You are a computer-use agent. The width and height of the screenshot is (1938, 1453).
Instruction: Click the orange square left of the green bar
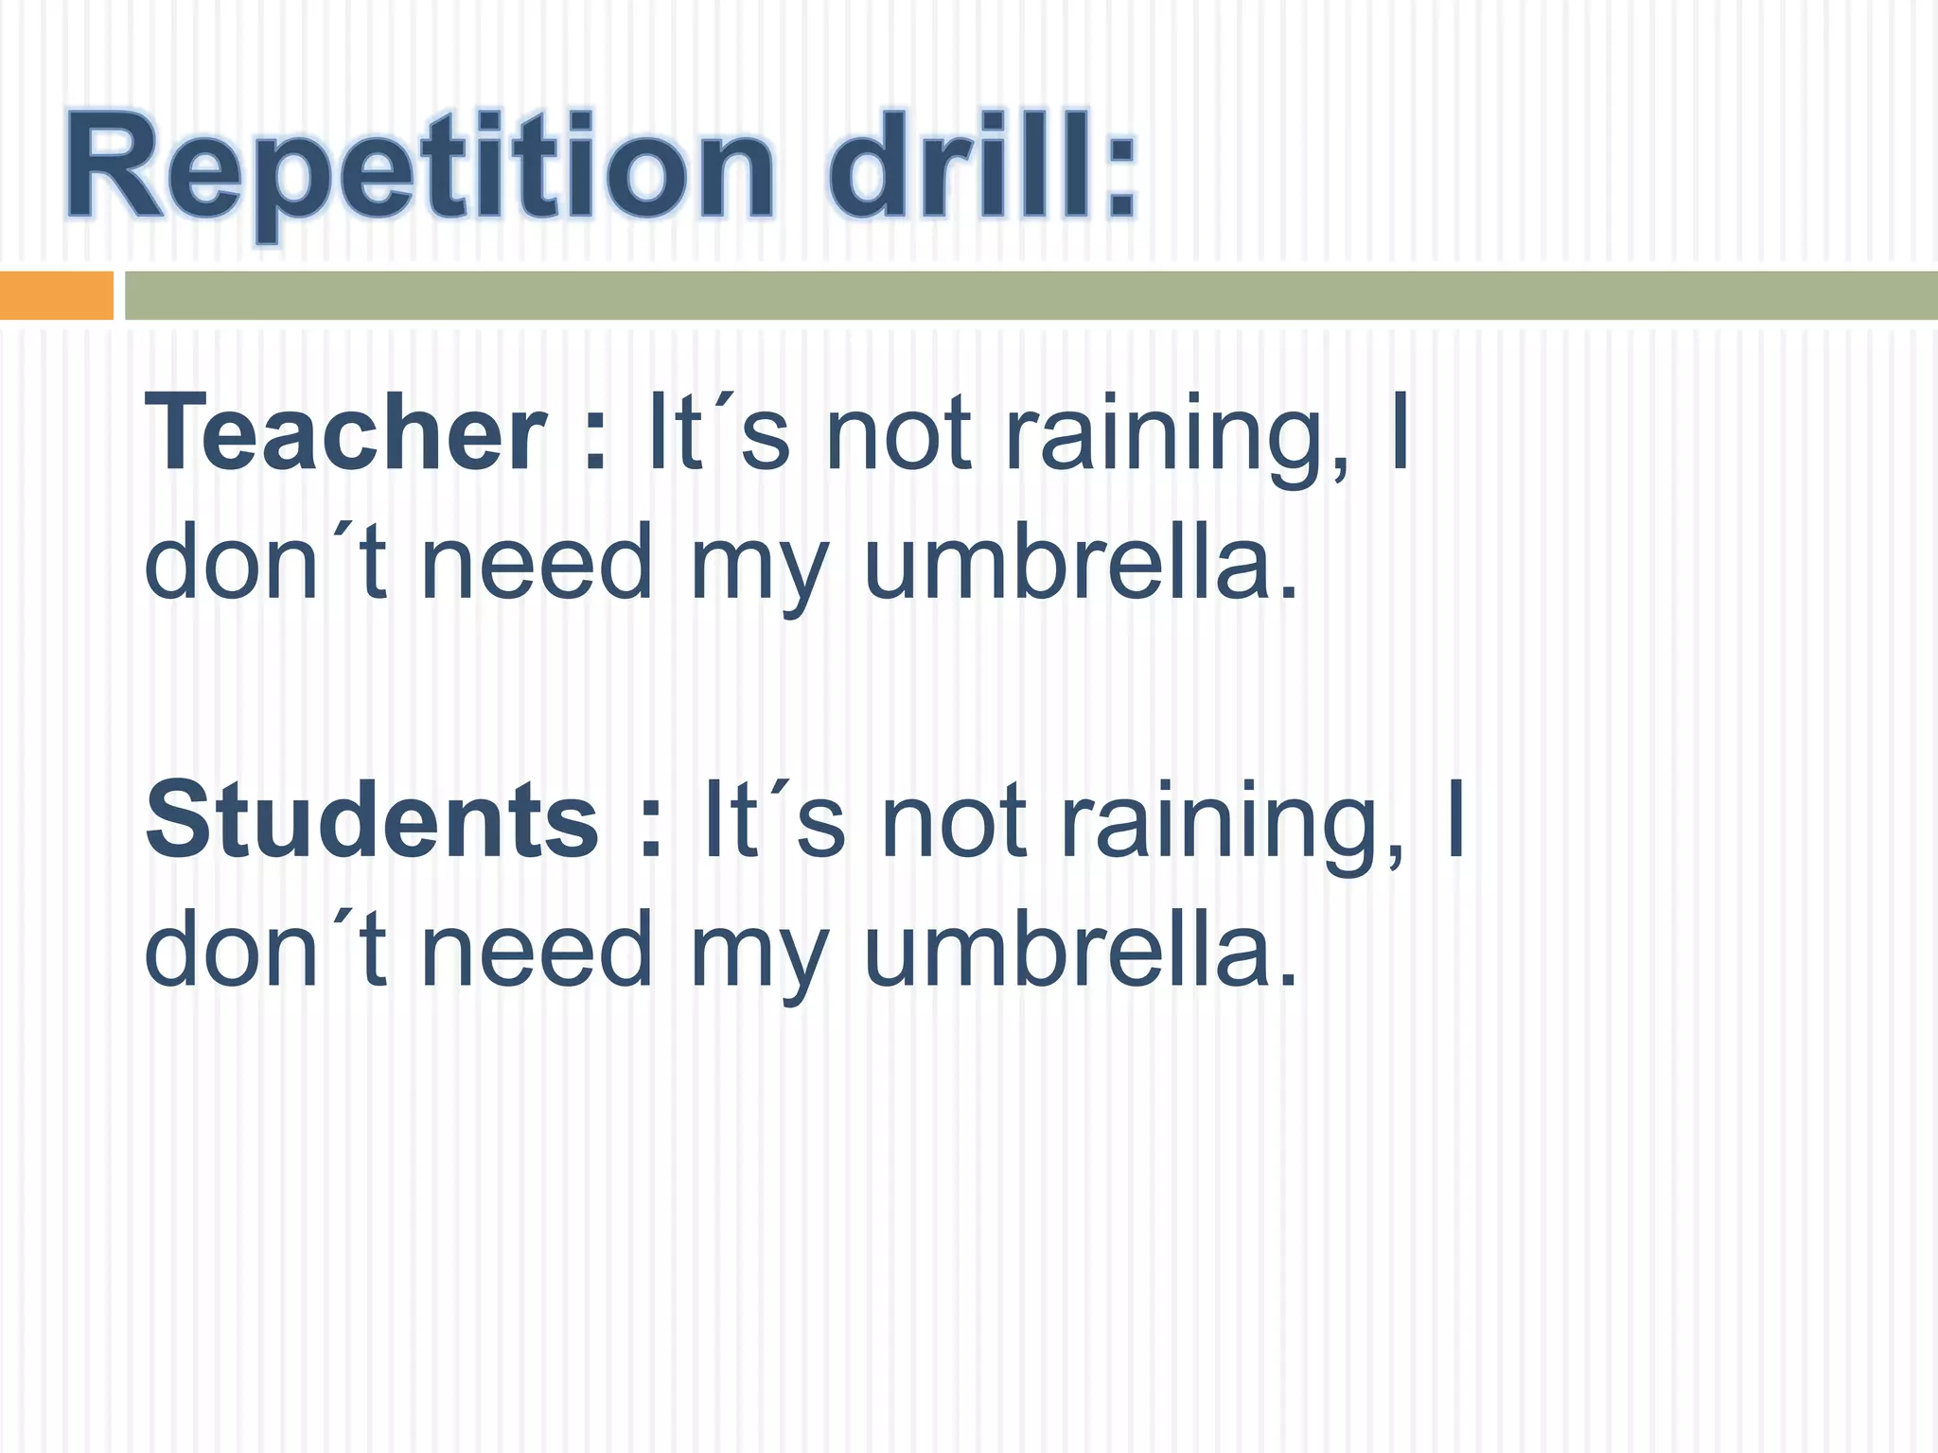point(56,295)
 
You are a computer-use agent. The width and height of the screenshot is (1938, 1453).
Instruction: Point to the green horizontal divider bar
point(1031,295)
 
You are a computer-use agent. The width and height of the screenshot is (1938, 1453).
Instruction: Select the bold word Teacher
point(345,433)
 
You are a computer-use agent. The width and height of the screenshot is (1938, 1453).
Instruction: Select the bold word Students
point(372,819)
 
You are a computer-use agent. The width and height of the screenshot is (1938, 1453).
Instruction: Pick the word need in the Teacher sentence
point(537,563)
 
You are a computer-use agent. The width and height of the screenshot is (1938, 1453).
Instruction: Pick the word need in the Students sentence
point(537,949)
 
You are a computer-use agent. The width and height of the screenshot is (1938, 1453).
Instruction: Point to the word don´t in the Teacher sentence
point(266,563)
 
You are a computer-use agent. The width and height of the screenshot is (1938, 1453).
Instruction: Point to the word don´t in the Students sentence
point(266,949)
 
